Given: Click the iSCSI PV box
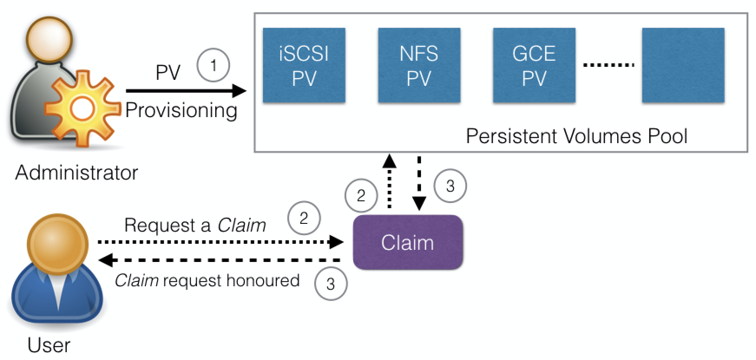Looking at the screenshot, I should click(x=304, y=65).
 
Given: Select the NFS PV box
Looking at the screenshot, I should click(x=419, y=65).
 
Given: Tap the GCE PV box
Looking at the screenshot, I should click(x=534, y=65).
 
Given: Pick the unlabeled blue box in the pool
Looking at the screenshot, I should click(x=683, y=65).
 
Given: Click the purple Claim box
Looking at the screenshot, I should click(x=408, y=242).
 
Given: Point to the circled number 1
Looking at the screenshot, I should click(x=213, y=65).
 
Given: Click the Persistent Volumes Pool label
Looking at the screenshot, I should click(x=576, y=136).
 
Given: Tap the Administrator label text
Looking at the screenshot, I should click(x=76, y=173).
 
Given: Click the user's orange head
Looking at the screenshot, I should click(x=57, y=243).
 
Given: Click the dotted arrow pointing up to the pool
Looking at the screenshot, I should click(x=389, y=182).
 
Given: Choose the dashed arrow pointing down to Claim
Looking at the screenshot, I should click(x=419, y=182).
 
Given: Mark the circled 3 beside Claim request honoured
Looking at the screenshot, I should click(x=330, y=284).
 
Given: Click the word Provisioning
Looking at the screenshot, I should click(x=181, y=111).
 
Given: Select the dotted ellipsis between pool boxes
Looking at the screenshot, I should click(x=608, y=65).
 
